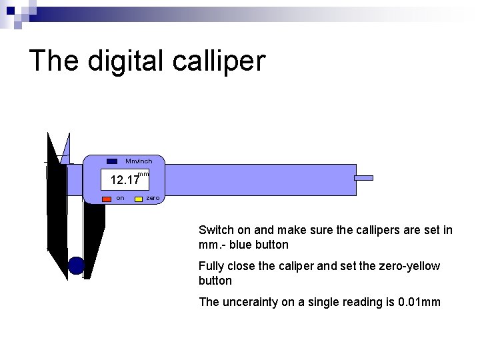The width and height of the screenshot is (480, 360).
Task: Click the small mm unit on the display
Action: click(142, 174)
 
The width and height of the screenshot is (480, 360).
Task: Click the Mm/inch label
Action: click(139, 161)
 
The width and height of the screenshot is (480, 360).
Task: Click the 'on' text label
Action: click(120, 198)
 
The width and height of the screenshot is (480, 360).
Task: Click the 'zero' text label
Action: click(152, 198)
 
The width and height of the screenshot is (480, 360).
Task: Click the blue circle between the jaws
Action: click(77, 265)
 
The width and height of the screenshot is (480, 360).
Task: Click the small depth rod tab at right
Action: click(363, 178)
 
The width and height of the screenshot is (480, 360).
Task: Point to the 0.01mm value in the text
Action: click(419, 302)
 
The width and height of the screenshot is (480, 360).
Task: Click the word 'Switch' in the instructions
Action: click(215, 230)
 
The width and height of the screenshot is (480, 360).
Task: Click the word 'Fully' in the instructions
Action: click(211, 266)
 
